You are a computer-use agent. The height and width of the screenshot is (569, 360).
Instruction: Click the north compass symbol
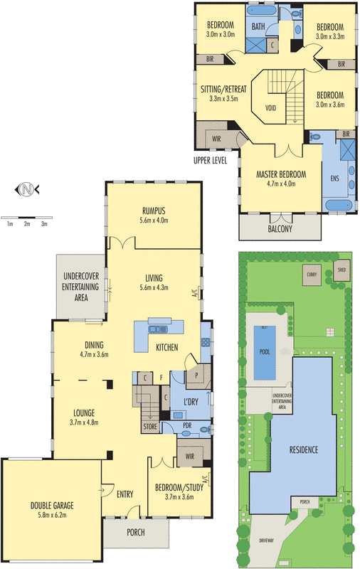[26, 189]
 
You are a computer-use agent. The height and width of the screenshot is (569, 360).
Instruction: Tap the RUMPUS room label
[154, 210]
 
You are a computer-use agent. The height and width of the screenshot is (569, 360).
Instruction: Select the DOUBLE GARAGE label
[52, 506]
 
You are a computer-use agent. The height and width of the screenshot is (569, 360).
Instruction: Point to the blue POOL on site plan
[264, 351]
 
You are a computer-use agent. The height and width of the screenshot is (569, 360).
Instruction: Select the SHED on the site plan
[341, 270]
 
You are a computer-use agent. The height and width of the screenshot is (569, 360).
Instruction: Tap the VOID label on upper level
[270, 109]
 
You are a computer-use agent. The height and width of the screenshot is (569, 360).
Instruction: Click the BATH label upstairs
[258, 28]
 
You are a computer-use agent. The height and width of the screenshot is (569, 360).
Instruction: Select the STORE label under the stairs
[150, 427]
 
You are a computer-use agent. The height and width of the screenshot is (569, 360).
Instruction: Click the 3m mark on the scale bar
[44, 224]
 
